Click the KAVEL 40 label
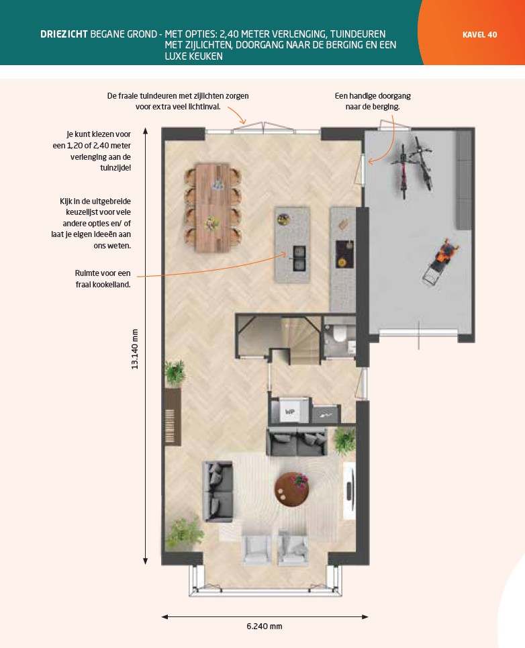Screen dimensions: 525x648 point(479,35)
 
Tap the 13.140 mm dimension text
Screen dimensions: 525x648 point(135,349)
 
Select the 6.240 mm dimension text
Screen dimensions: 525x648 point(265,626)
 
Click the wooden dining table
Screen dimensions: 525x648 point(212,207)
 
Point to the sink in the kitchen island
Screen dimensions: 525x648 point(299,259)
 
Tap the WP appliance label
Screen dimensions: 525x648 point(289,412)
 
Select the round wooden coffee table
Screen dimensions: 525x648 point(291,490)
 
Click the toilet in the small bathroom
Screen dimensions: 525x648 point(340,334)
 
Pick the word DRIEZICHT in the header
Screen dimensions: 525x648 point(64,34)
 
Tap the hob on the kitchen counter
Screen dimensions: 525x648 point(344,254)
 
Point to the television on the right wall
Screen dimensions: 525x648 point(350,491)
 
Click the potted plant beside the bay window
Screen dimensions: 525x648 point(185,534)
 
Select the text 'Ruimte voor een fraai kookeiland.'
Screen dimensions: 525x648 point(103,279)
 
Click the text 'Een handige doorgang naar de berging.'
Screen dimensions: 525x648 point(373,101)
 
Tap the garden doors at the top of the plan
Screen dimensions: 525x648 point(263,128)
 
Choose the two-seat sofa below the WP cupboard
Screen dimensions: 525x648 point(297,442)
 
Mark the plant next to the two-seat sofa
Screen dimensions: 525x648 point(344,441)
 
